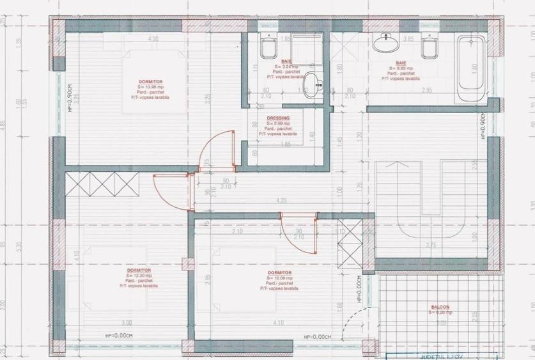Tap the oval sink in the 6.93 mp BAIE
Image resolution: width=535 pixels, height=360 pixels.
pos(385,43)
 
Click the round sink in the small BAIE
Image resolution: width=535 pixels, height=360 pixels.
pos(311,84)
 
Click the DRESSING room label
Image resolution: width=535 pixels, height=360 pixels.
pos(278,118)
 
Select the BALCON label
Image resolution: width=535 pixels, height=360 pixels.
pos(439,307)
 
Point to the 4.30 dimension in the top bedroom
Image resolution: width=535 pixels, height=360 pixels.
pos(153,40)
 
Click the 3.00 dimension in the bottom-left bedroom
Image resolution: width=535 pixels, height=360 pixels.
pos(126,322)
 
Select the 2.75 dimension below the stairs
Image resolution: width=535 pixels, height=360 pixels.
pos(430,245)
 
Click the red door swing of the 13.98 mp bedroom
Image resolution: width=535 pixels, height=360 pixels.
pos(215,151)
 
